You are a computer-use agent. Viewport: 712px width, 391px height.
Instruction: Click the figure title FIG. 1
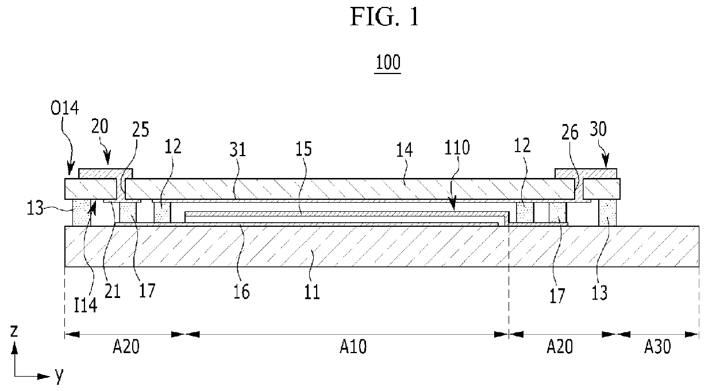pyautogui.click(x=384, y=17)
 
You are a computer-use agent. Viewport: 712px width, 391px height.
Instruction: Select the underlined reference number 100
pyautogui.click(x=388, y=62)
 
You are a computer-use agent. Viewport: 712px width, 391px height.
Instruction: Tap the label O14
pyautogui.click(x=64, y=108)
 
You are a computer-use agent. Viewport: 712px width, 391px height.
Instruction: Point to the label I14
pyautogui.click(x=85, y=305)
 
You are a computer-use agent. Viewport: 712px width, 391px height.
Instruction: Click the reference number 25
pyautogui.click(x=140, y=129)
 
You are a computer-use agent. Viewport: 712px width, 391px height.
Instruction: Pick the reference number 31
pyautogui.click(x=238, y=149)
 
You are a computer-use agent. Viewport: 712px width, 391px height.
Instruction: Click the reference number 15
pyautogui.click(x=303, y=149)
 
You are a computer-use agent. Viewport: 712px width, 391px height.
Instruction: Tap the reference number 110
pyautogui.click(x=457, y=148)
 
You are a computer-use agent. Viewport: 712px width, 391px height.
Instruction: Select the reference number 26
pyautogui.click(x=569, y=132)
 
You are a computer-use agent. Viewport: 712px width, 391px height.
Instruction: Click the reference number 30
pyautogui.click(x=598, y=129)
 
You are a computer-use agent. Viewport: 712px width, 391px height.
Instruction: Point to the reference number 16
pyautogui.click(x=241, y=292)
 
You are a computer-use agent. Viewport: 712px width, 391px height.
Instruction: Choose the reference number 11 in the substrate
pyautogui.click(x=312, y=292)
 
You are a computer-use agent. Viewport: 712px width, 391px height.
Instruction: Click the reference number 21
pyautogui.click(x=113, y=291)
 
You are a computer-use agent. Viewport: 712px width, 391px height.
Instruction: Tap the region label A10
pyautogui.click(x=353, y=346)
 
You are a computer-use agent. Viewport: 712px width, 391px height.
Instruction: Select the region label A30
pyautogui.click(x=657, y=346)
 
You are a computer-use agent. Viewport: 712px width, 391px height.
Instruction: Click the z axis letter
pyautogui.click(x=14, y=331)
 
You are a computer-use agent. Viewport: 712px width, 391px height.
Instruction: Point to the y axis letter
pyautogui.click(x=59, y=375)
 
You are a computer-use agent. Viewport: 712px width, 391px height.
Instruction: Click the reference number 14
pyautogui.click(x=405, y=150)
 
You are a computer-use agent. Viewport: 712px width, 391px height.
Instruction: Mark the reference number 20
pyautogui.click(x=100, y=126)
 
